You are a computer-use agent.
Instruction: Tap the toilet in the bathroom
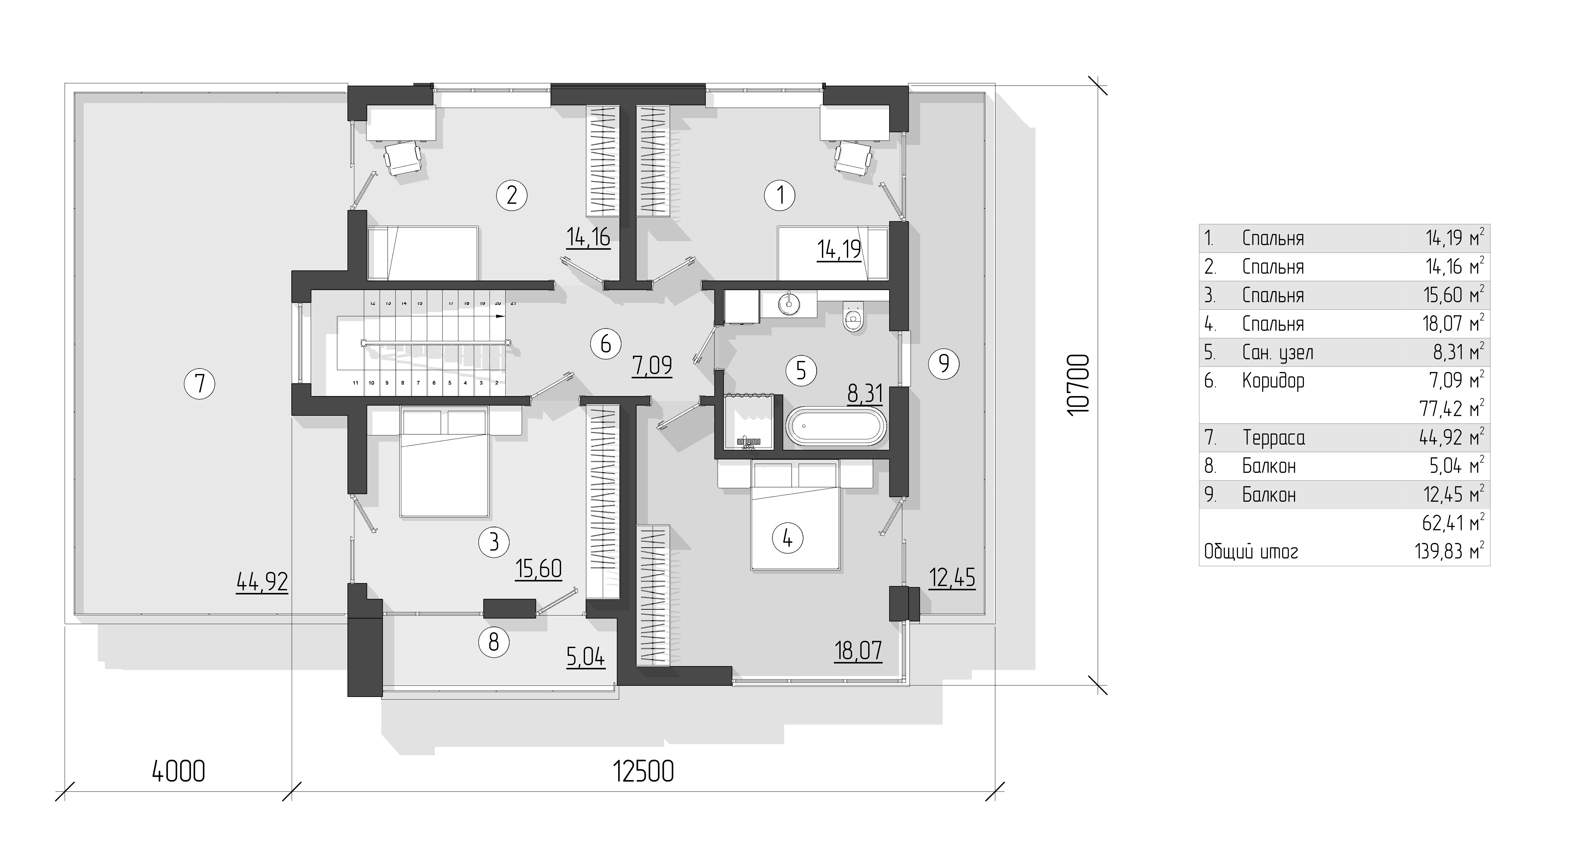tap(853, 317)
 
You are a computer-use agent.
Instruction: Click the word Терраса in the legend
tap(1273, 437)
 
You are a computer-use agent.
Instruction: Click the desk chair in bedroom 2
tap(403, 158)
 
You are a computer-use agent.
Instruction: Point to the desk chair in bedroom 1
tap(852, 158)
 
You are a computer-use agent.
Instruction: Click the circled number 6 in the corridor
tap(606, 344)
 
